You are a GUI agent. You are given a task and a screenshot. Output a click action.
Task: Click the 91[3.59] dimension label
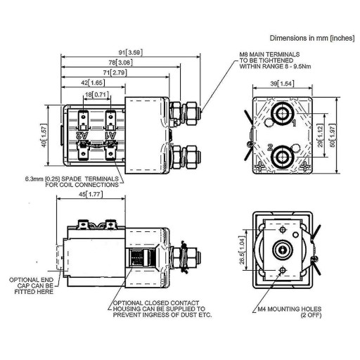coord(130,53)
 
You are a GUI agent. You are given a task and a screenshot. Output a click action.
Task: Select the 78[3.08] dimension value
coord(121,63)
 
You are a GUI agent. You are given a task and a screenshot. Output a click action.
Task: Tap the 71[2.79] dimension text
coord(115,72)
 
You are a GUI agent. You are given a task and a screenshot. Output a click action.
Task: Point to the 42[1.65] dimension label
coord(93,83)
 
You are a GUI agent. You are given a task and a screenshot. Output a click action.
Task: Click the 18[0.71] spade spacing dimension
coord(97,95)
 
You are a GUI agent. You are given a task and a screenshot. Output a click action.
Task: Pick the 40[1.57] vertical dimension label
coord(44,136)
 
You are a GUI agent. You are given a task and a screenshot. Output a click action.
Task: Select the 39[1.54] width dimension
coord(282,84)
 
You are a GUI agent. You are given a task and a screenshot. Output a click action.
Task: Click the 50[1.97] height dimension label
coord(333,136)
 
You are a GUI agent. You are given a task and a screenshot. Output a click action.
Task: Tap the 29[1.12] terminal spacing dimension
coord(320,136)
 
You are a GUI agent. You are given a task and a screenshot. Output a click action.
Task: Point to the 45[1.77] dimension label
coord(91,194)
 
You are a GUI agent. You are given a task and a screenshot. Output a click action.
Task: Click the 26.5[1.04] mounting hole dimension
coord(242,250)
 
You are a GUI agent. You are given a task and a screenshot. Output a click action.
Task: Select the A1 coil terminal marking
coord(110,135)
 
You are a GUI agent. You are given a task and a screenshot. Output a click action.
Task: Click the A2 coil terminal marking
coord(82,135)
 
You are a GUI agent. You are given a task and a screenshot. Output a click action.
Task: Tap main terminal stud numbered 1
coord(283,114)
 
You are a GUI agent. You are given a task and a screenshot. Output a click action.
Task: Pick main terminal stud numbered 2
coord(282,157)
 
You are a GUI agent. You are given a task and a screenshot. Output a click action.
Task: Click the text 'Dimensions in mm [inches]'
coord(312,38)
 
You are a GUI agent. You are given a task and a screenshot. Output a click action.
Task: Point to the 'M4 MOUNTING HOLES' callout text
coord(290,309)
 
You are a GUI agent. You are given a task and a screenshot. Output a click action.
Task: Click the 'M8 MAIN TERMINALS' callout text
coord(269,54)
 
